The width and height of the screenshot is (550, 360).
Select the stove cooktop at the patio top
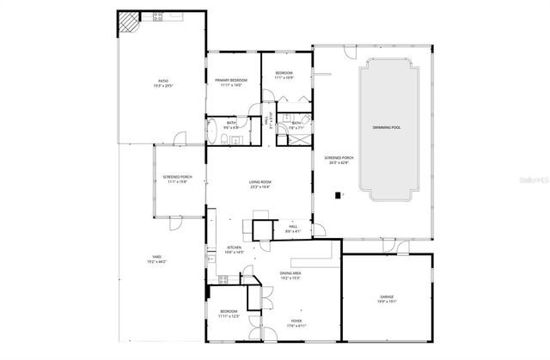(x=158, y=15)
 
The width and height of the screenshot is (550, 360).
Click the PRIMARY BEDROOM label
(x=231, y=81)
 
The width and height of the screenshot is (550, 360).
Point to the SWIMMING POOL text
(x=386, y=127)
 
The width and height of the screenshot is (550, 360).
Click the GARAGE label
(x=387, y=296)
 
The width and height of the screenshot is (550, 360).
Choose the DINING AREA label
(x=291, y=273)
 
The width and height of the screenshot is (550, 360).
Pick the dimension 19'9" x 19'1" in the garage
(x=387, y=302)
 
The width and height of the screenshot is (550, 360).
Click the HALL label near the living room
(x=293, y=227)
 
